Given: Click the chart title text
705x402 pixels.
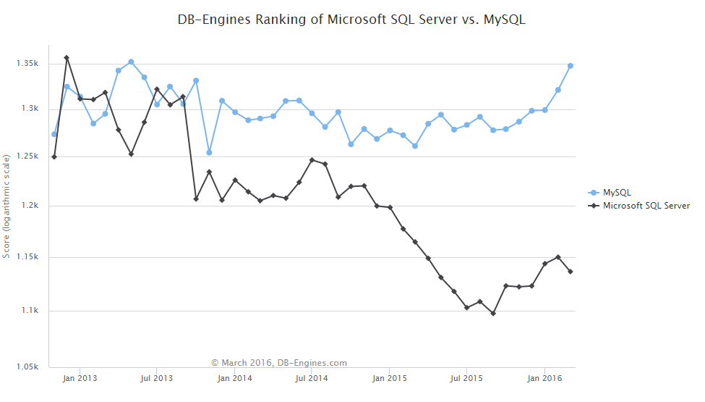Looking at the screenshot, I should (x=351, y=20).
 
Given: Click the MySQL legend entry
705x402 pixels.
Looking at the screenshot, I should (x=617, y=192).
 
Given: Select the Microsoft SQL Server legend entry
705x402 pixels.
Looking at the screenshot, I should (x=646, y=206).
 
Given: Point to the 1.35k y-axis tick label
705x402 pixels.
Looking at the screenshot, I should (x=28, y=64).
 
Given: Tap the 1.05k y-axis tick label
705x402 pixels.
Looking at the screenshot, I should (x=28, y=367).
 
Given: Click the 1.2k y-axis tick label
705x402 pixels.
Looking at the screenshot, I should (x=30, y=206).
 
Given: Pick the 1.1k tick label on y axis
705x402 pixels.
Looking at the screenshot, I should (x=30, y=311).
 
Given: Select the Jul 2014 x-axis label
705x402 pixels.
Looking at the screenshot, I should (x=311, y=378).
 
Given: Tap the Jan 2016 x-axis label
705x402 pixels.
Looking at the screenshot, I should (x=544, y=378).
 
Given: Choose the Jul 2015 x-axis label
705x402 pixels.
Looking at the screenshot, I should (x=466, y=378).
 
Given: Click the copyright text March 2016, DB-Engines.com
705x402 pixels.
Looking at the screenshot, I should (x=279, y=363).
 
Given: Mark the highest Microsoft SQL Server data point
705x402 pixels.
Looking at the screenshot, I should (x=67, y=58).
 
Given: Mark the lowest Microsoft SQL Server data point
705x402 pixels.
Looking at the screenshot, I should (x=493, y=314).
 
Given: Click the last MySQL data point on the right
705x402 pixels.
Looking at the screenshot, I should (x=571, y=66).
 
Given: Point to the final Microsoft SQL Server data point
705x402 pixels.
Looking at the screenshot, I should (x=571, y=272).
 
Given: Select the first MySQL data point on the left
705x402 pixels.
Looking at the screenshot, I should (x=54, y=134).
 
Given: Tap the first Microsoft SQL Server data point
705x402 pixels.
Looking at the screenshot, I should (x=54, y=156).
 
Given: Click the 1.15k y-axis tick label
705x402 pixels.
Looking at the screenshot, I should (x=28, y=257).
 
